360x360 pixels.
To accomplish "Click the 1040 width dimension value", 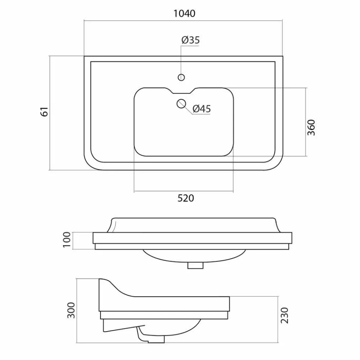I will pyautogui.click(x=184, y=14).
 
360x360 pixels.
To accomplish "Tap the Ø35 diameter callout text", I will pyautogui.click(x=190, y=40).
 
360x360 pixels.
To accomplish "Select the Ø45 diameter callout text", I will pyautogui.click(x=201, y=109).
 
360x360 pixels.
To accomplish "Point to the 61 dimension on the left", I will pyautogui.click(x=45, y=112).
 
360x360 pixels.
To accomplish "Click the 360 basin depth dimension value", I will pyautogui.click(x=311, y=128).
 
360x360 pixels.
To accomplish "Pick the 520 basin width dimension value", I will pyautogui.click(x=185, y=198).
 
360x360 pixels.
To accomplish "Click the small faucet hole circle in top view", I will pyautogui.click(x=181, y=78).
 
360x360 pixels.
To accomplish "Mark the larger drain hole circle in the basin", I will pyautogui.click(x=181, y=103).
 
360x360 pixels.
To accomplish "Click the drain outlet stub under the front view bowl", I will pyautogui.click(x=196, y=266).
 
